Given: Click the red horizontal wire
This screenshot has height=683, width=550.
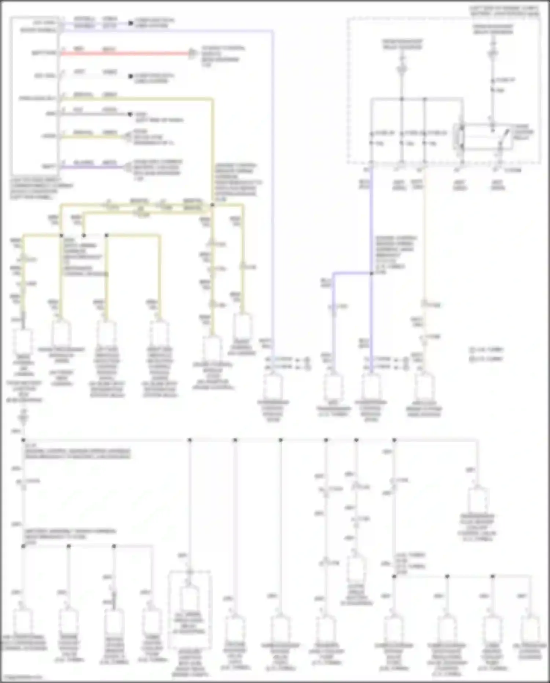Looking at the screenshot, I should [125, 54].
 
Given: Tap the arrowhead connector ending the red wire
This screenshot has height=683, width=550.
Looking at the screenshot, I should [191, 54].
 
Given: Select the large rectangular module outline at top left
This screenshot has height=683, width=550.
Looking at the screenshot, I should [35, 95].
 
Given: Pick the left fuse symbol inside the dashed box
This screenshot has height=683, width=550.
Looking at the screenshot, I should [402, 68].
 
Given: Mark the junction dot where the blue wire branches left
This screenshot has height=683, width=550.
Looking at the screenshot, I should [371, 273].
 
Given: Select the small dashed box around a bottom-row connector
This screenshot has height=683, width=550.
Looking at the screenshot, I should [190, 609].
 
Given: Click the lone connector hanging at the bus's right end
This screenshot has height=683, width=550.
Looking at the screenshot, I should [477, 501].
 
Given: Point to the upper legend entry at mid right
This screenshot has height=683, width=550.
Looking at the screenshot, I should [486, 350].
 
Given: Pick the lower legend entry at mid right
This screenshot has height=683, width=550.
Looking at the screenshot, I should [486, 359].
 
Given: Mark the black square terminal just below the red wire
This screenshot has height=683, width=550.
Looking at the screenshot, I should [130, 76].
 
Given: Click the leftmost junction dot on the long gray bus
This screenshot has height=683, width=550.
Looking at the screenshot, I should [23, 440].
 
